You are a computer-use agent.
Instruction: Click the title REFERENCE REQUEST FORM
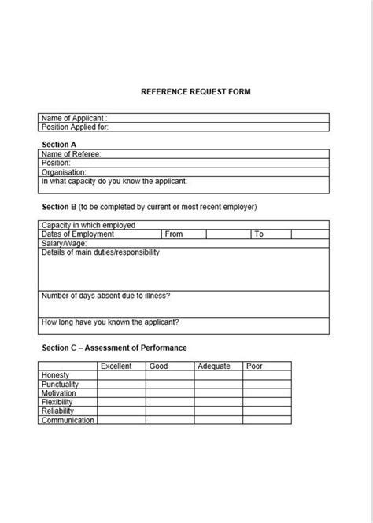[x=196, y=91]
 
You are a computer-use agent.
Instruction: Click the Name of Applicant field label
[x=74, y=118]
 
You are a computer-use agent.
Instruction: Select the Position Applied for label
[x=75, y=126]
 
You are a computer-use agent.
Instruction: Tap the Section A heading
[x=59, y=145]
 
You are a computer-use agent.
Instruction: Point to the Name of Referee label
[x=71, y=154]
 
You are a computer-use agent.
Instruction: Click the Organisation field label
[x=64, y=171]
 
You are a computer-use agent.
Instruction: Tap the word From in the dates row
[x=174, y=234]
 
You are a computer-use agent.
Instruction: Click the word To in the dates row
[x=259, y=234]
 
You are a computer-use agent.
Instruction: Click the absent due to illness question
[x=105, y=295]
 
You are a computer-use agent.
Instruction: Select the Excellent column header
[x=116, y=366]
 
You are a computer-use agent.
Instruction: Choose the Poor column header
[x=254, y=366]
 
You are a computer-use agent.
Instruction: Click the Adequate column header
[x=214, y=366]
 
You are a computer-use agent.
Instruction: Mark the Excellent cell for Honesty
[x=121, y=375]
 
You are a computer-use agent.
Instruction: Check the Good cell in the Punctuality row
[x=169, y=384]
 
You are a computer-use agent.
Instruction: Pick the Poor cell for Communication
[x=267, y=420]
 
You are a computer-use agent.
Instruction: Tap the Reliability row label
[x=57, y=411]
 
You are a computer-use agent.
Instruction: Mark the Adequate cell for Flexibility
[x=218, y=402]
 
